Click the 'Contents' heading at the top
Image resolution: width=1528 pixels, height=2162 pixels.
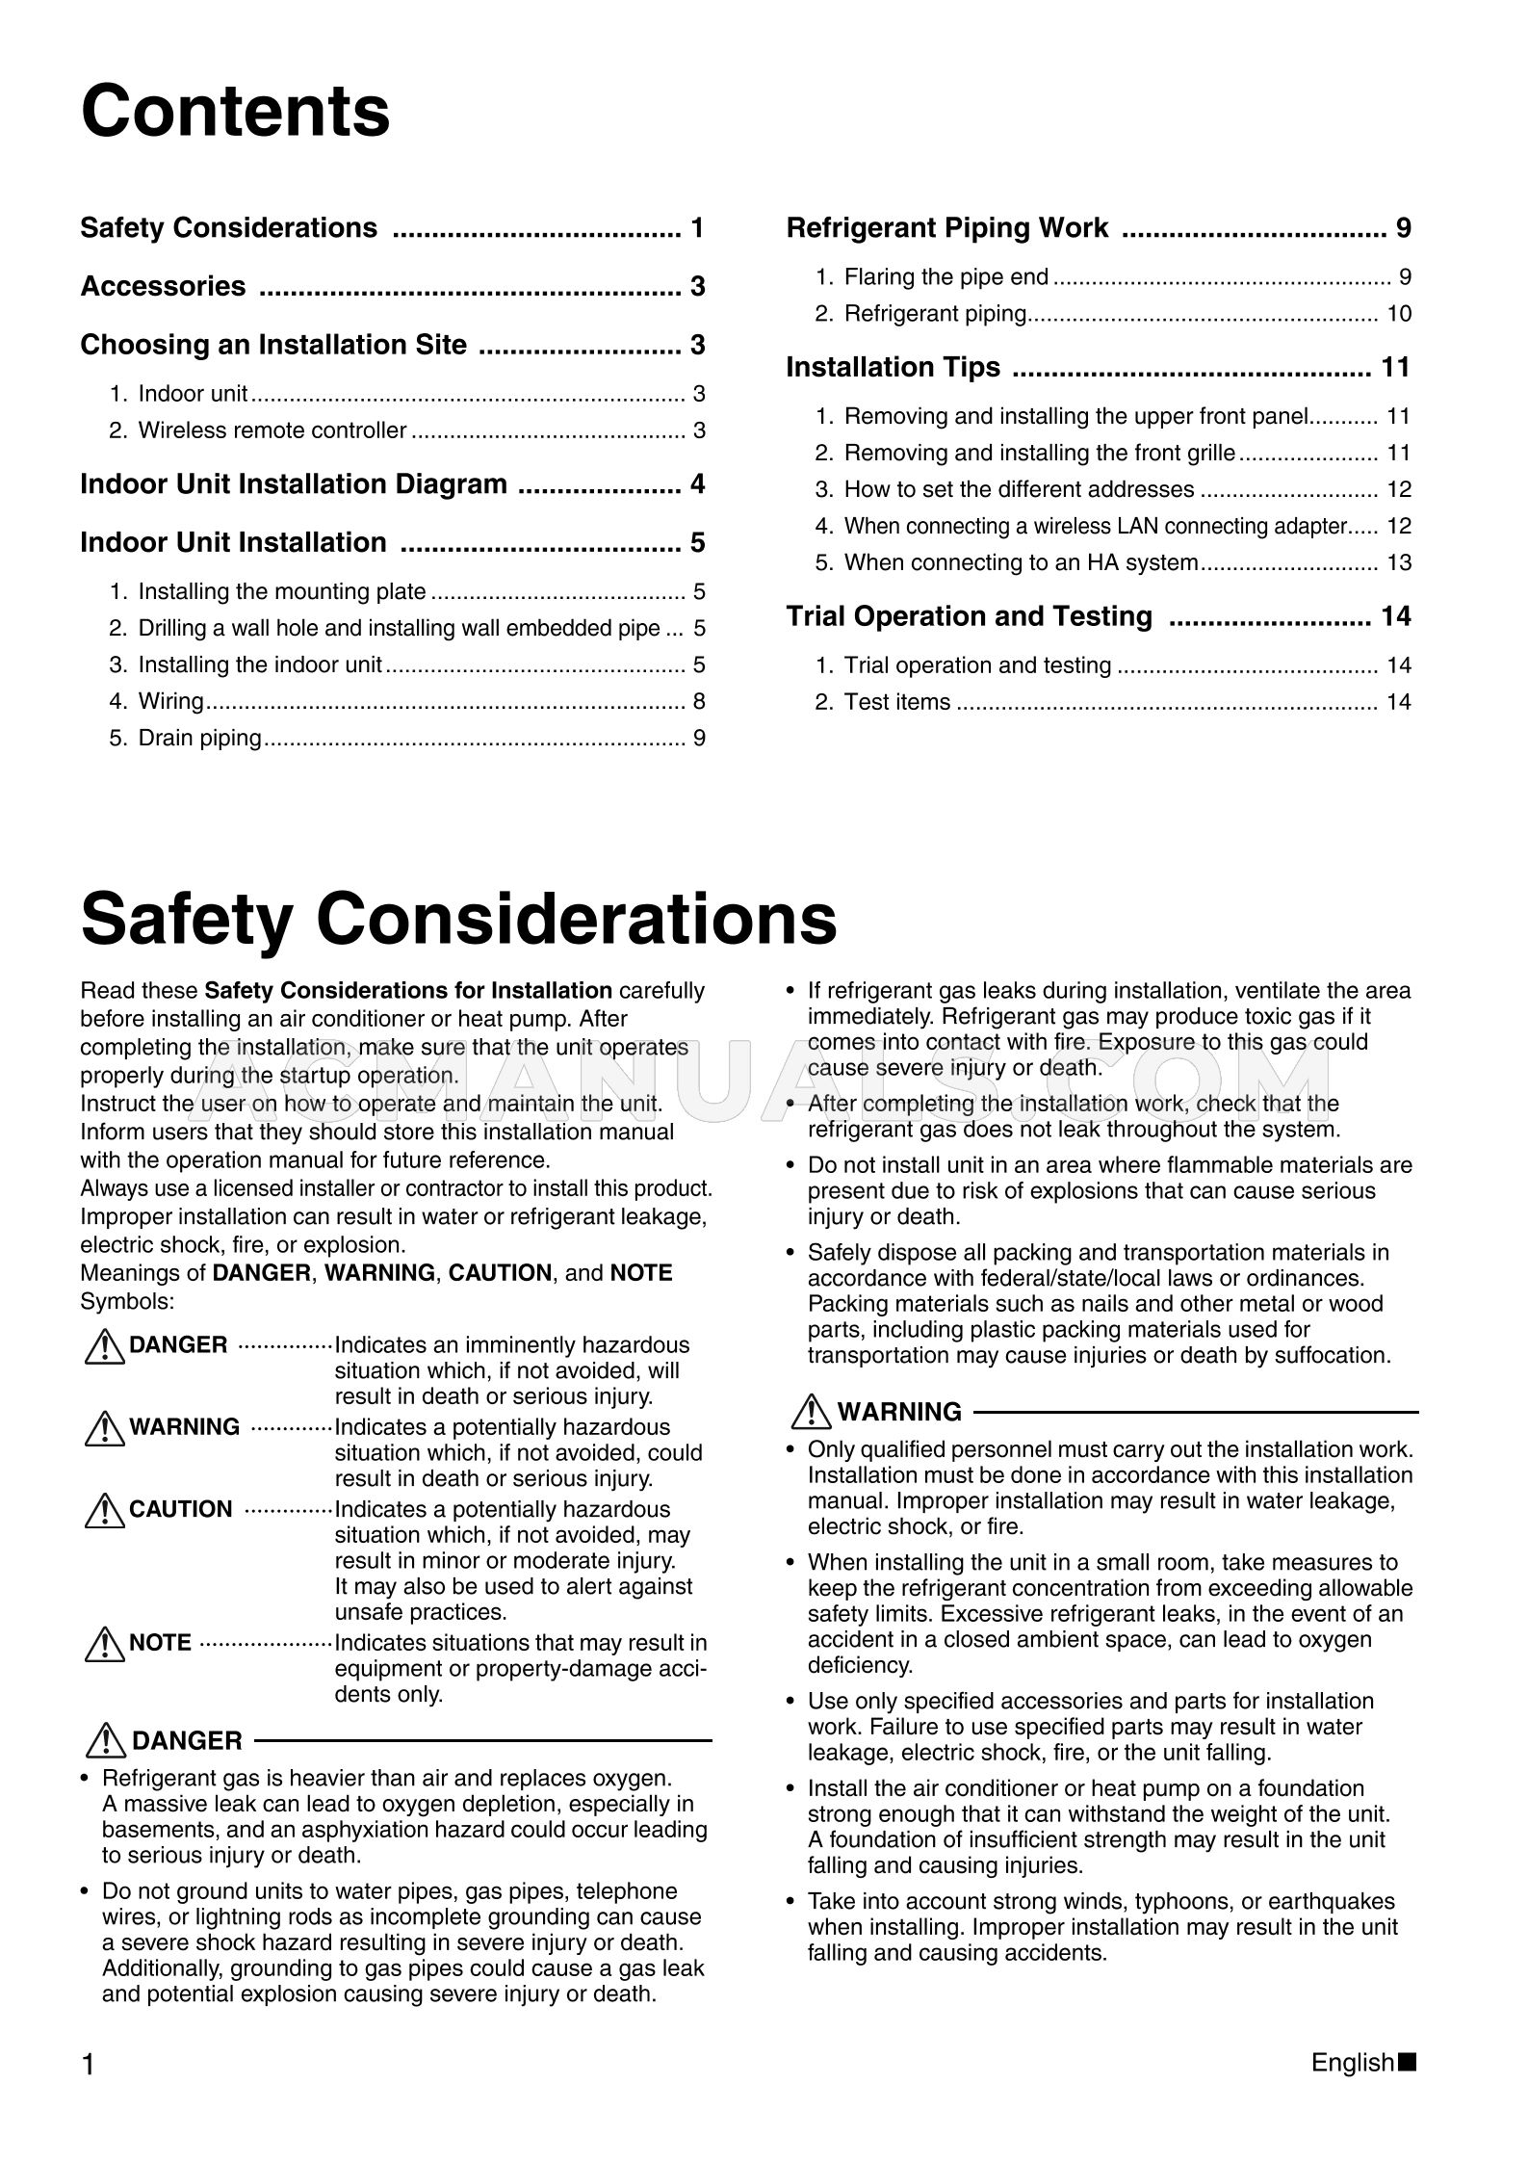(235, 112)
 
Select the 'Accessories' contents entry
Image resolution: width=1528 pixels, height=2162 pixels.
(163, 286)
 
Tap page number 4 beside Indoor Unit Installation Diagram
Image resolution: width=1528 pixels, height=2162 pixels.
(697, 483)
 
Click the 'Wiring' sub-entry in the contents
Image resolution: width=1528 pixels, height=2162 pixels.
(170, 701)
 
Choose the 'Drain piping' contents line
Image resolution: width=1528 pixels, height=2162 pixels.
(199, 738)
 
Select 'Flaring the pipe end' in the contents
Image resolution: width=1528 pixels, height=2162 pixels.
(945, 277)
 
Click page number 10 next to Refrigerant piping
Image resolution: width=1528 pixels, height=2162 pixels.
(1398, 314)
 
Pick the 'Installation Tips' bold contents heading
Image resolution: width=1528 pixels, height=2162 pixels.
(893, 367)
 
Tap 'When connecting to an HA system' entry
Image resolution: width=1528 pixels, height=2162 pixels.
(1021, 562)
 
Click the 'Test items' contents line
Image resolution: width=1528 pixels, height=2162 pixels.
(896, 702)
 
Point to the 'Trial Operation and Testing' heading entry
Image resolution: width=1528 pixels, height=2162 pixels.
(969, 616)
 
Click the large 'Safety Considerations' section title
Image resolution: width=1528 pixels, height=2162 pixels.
(458, 918)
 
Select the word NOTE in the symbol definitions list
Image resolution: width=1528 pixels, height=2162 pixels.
(160, 1643)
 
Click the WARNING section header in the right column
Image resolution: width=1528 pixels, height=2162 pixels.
(898, 1412)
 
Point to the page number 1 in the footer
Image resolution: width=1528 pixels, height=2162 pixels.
(89, 2065)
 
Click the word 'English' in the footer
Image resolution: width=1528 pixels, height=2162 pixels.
(1352, 2063)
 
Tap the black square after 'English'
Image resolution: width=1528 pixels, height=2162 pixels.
(1408, 2063)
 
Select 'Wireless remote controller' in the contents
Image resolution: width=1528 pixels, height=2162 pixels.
(272, 430)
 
